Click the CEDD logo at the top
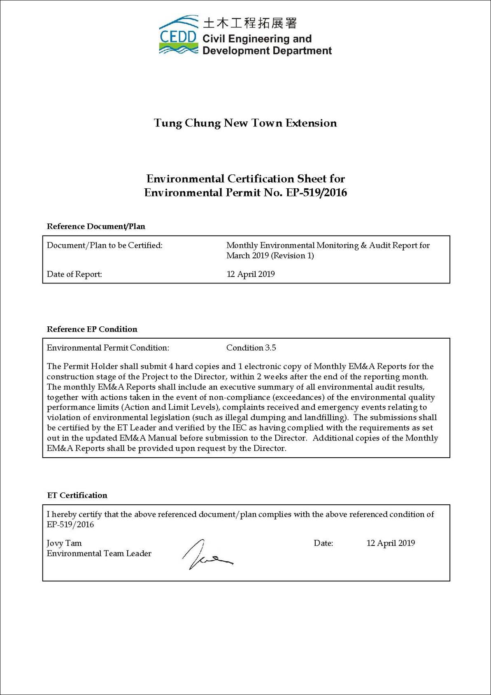point(178,36)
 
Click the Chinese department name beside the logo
point(249,23)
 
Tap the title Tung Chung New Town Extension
point(245,123)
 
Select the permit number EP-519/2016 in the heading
point(314,193)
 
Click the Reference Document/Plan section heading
point(96,227)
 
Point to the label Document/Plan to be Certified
point(105,246)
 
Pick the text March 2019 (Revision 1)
point(270,256)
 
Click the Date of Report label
point(74,274)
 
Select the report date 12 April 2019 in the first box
point(251,274)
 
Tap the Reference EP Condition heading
point(92,329)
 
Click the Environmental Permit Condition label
point(108,348)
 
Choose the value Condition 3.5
point(251,348)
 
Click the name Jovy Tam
point(64,543)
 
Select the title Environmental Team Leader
point(99,554)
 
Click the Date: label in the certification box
point(323,543)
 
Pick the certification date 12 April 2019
point(391,543)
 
